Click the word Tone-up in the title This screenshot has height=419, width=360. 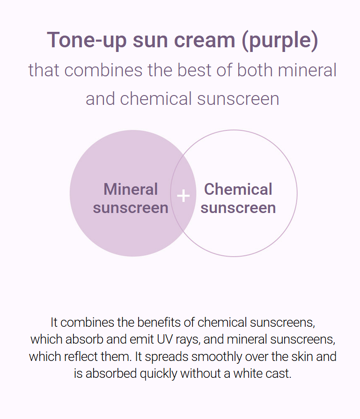coord(87,40)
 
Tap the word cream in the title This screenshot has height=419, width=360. coord(205,40)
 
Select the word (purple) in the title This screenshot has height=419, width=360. coord(280,41)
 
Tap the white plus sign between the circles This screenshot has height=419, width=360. coord(184,196)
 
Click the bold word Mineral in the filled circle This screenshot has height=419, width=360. coord(131,189)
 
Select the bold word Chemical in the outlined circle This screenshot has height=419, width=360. coord(238,189)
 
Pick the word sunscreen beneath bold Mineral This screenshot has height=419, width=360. coord(131,208)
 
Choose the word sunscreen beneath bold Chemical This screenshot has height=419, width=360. coord(238,208)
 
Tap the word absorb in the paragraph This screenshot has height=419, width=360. coord(84,339)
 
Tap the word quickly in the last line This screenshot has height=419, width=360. coord(158,374)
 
